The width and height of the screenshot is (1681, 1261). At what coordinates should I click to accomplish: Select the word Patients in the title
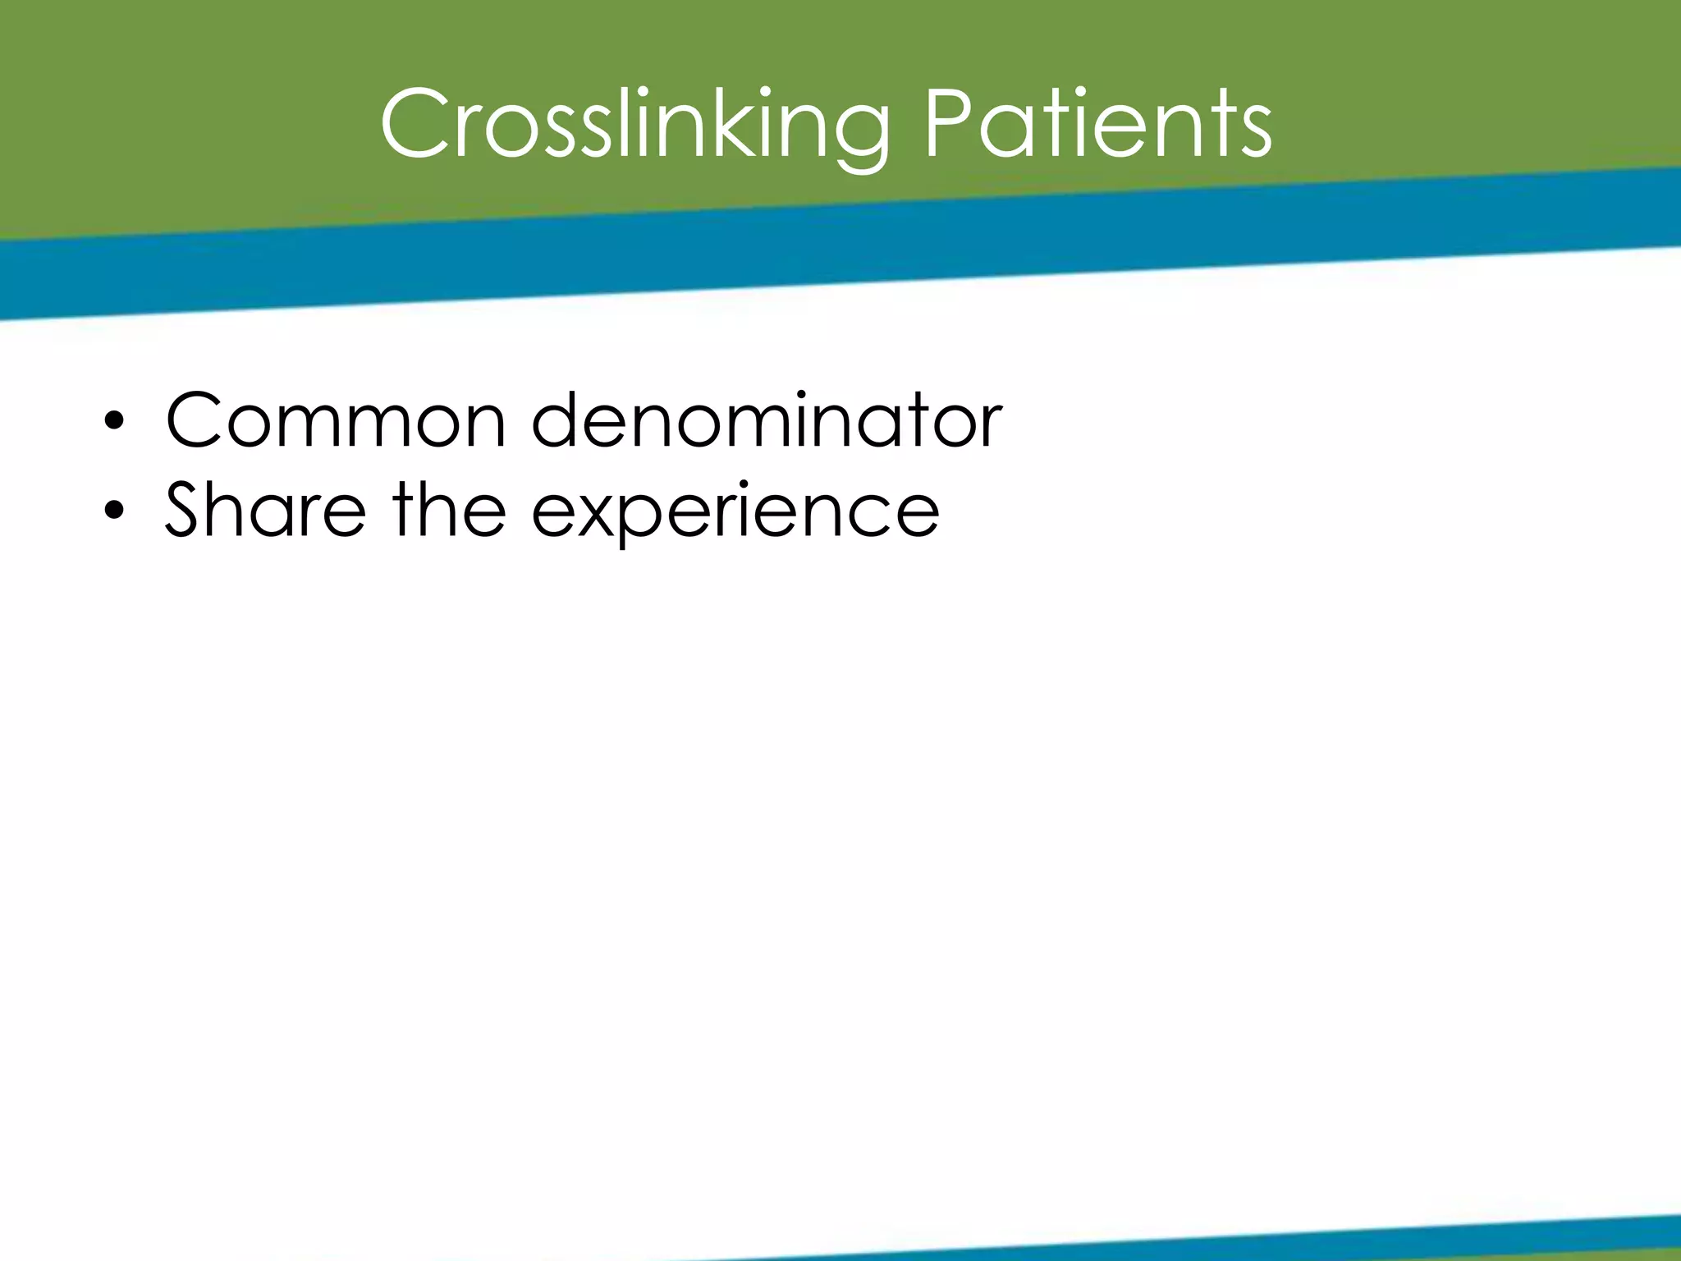click(1098, 125)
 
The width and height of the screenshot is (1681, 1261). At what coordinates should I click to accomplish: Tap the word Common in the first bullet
click(336, 420)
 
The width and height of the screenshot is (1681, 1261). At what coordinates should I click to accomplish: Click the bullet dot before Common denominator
click(114, 423)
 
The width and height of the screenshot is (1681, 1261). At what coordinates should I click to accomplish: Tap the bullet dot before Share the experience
click(114, 511)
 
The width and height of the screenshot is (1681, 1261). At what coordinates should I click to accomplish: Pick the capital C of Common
click(198, 420)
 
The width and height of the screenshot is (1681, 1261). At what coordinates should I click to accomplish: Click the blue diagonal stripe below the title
click(821, 246)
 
